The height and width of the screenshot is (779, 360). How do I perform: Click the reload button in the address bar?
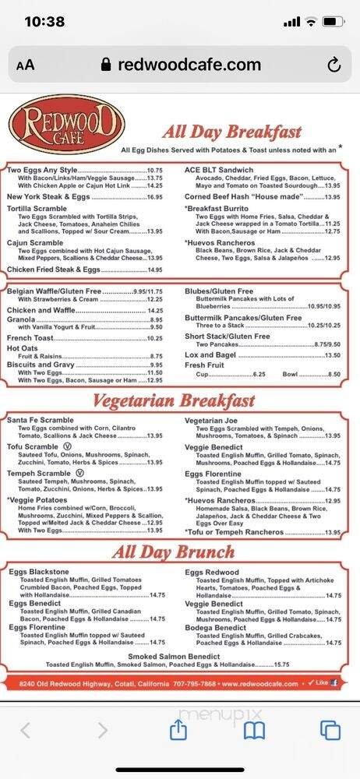[334, 65]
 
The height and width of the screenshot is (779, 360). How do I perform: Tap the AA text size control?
[25, 66]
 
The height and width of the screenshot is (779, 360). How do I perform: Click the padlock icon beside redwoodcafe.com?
[107, 65]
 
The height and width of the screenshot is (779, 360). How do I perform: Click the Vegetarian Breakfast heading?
[174, 401]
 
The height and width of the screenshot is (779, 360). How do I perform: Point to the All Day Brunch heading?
[173, 552]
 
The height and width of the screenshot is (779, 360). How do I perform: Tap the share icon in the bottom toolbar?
[178, 729]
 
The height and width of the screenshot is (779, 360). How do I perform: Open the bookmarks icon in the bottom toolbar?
[254, 730]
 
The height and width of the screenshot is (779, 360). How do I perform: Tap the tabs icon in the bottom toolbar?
[330, 730]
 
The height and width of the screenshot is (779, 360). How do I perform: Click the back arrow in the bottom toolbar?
[25, 730]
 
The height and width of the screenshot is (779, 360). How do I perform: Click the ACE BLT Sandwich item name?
[219, 170]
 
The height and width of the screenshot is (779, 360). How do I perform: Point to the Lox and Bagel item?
[210, 354]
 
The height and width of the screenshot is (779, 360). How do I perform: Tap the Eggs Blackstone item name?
[40, 572]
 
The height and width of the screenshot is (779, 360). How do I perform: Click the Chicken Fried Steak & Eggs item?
[54, 270]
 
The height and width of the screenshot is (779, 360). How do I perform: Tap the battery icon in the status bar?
[334, 22]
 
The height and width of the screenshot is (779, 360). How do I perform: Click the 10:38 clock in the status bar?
[44, 22]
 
